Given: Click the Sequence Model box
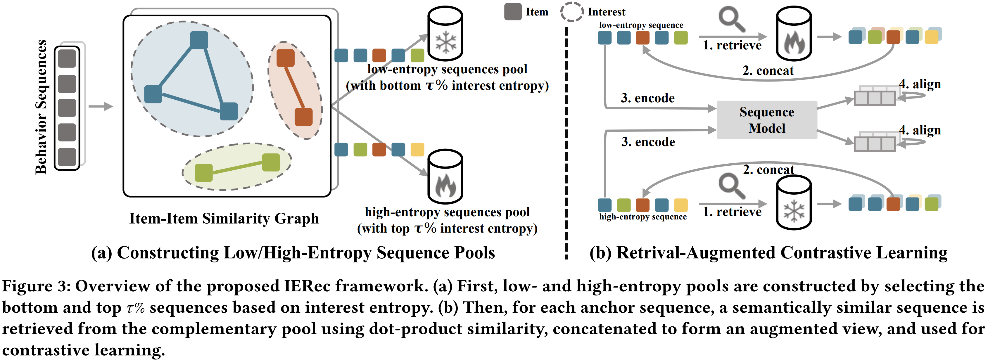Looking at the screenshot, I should point(767,120).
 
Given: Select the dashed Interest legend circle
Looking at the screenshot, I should point(571,12).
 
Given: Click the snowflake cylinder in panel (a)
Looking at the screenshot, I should point(445,34).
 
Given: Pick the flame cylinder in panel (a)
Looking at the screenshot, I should point(445,177).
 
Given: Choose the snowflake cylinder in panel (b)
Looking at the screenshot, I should point(794,203).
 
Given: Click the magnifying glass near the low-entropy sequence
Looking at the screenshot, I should point(731,19).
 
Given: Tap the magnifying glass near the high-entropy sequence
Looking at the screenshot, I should point(731,186).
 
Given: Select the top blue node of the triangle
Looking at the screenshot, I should point(199,40).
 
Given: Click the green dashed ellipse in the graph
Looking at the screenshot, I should point(237,167).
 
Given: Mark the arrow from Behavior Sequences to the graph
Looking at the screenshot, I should point(101,106).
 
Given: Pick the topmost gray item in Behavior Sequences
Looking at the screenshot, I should point(67,59).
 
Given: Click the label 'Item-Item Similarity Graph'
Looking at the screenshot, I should point(224,219).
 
